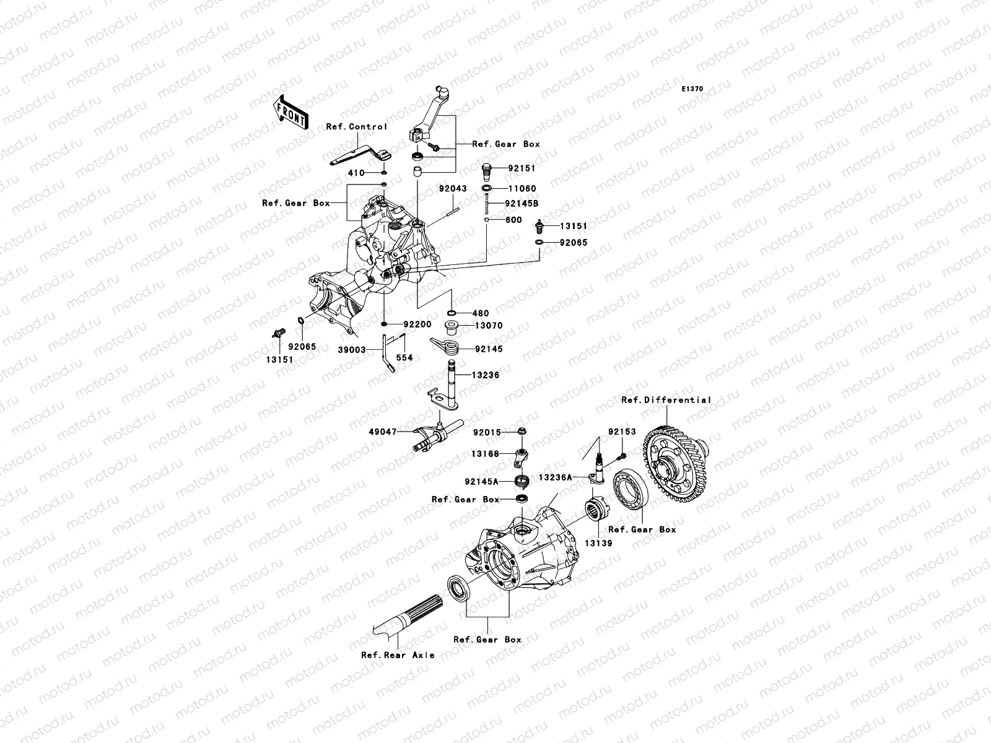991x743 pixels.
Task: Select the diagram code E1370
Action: pos(692,89)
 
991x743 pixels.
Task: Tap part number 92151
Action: pos(522,168)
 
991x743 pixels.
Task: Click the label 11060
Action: pos(522,188)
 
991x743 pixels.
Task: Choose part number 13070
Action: pos(489,326)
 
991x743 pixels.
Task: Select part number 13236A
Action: pos(556,477)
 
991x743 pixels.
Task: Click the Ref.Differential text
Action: pos(666,400)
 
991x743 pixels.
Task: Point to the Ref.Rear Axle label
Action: pos(398,654)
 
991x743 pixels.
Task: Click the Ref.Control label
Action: pos(357,126)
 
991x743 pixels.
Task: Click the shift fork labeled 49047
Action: pos(434,436)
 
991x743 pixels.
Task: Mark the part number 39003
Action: pos(351,350)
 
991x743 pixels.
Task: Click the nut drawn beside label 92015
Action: pos(522,432)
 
